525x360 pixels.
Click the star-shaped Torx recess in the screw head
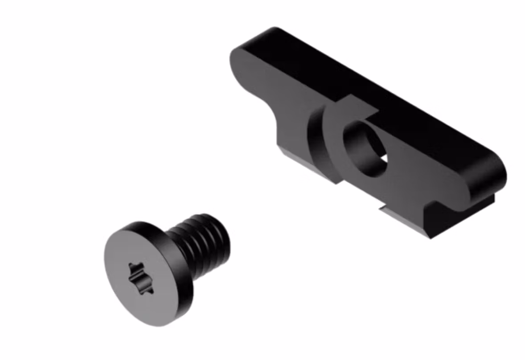[141, 278]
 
